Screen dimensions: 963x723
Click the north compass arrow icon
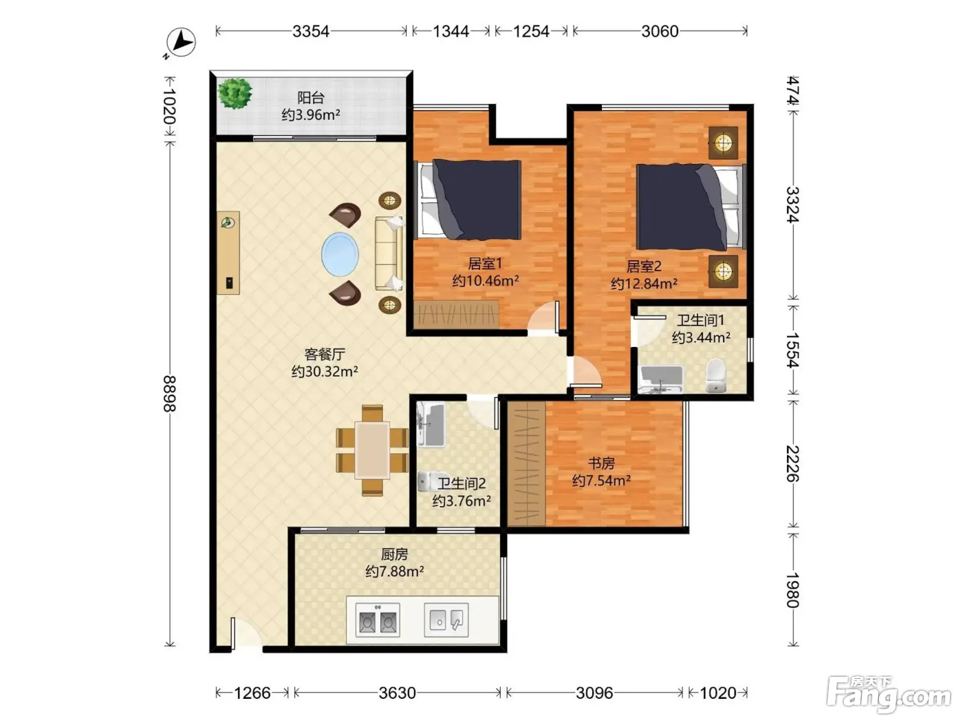click(x=181, y=43)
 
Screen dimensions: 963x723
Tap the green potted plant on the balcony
click(x=235, y=93)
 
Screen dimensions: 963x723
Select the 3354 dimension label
click(x=311, y=31)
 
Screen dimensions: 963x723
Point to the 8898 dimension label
click(x=170, y=393)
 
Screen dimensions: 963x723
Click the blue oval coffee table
click(x=340, y=254)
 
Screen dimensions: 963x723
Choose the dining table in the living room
click(x=372, y=450)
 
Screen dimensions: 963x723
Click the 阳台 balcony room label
click(x=311, y=98)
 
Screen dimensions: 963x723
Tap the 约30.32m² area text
click(x=325, y=371)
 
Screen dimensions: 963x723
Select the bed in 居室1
click(x=468, y=200)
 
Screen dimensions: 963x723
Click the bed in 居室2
click(x=691, y=207)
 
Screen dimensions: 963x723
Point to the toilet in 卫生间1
click(x=715, y=375)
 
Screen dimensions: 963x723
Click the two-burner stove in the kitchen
click(x=378, y=620)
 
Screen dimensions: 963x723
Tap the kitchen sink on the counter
click(x=446, y=620)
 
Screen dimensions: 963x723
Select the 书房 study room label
click(x=601, y=463)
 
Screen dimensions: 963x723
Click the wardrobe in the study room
click(x=526, y=463)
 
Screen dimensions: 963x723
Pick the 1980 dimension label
click(x=792, y=590)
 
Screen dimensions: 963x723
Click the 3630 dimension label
click(x=397, y=693)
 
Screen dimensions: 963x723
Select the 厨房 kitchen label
click(x=394, y=554)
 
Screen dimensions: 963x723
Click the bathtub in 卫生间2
click(x=431, y=424)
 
